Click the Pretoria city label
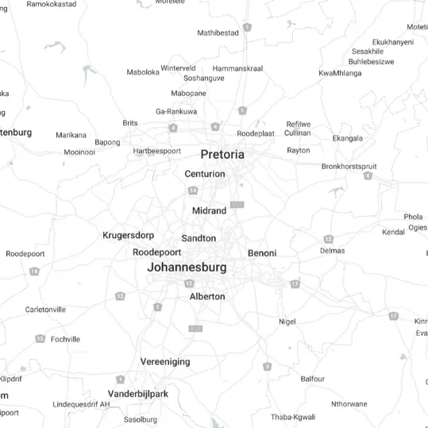click(x=222, y=154)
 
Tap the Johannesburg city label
click(x=187, y=268)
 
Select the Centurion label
click(x=205, y=174)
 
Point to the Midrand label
click(x=210, y=210)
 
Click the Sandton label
click(x=199, y=238)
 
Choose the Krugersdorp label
click(x=129, y=236)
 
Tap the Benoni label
click(x=262, y=253)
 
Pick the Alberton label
click(x=207, y=296)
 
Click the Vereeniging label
click(x=165, y=361)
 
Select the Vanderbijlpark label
click(x=138, y=394)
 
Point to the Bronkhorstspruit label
click(x=349, y=167)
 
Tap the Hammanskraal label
click(x=237, y=69)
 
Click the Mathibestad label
click(x=218, y=33)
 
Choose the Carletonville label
click(x=46, y=310)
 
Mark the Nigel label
click(x=287, y=321)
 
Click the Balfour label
click(x=313, y=379)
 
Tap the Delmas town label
click(x=332, y=251)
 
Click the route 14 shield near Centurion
click(x=193, y=191)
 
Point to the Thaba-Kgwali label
click(x=293, y=417)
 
